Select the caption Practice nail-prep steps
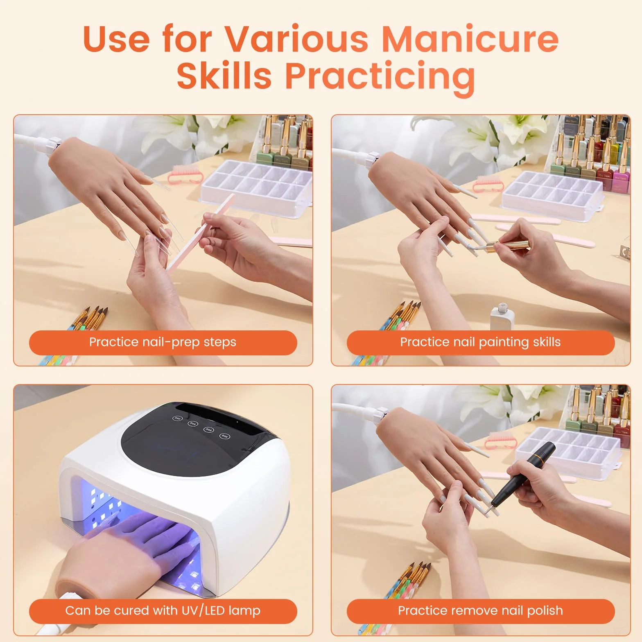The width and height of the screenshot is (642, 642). point(163,342)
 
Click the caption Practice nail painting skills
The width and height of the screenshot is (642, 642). point(480,342)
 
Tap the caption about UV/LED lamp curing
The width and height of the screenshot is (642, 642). point(163,610)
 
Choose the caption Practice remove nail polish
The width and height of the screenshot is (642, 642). point(480,610)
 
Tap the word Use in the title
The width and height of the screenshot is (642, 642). point(116,39)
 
